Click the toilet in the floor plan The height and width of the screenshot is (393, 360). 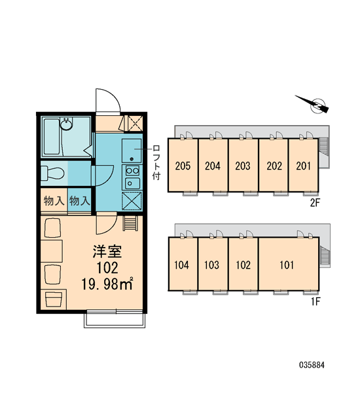52,173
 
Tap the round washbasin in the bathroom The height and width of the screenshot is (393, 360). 66,124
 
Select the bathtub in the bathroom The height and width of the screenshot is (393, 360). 52,137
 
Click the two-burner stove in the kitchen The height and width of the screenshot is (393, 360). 132,171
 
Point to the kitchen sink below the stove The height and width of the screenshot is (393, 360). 132,183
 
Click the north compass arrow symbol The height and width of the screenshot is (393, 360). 313,104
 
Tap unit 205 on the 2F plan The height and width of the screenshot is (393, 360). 183,166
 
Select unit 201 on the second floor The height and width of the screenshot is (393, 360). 304,166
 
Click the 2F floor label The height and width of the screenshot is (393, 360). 315,202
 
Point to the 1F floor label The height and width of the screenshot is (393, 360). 315,301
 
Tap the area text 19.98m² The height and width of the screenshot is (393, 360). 107,284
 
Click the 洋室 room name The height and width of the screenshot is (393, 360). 107,252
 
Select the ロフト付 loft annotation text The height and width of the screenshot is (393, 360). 156,162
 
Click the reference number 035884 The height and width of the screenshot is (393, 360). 312,365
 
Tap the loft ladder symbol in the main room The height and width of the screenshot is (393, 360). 130,223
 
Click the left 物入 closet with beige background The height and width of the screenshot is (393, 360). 54,201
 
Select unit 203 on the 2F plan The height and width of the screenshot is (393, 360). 243,166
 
